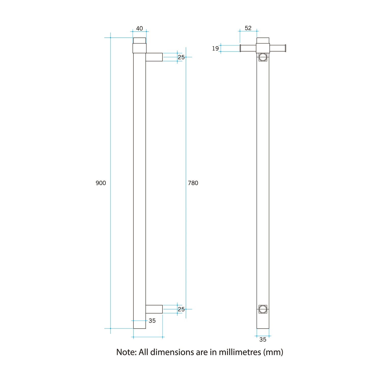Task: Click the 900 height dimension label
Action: pos(101,183)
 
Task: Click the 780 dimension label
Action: pos(193,183)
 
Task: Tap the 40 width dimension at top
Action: pos(139,28)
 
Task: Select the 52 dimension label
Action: pos(248,28)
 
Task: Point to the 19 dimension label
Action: pos(215,48)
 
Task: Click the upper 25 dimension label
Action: pos(181,57)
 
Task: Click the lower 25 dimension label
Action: pos(181,309)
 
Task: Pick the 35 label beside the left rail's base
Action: pos(152,321)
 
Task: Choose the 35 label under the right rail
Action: pos(263,339)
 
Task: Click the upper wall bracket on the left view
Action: pos(154,57)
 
